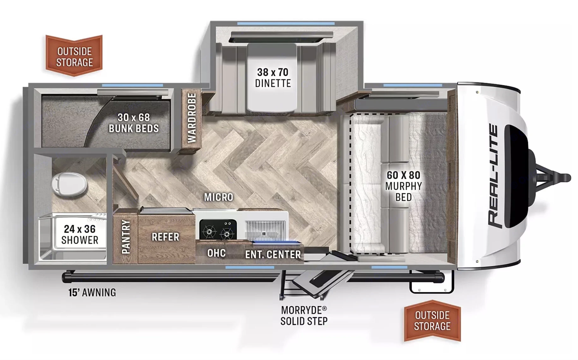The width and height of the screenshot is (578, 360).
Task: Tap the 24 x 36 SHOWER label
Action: point(80,235)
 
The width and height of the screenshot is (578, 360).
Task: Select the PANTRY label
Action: point(126,237)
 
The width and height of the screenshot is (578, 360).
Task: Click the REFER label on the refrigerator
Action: point(165,237)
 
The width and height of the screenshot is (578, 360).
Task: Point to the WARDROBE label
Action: point(192,118)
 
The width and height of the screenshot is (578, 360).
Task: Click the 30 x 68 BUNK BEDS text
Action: point(133,123)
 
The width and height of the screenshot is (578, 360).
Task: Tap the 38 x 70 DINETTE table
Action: point(273,78)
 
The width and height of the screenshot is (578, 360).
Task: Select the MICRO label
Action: point(218,197)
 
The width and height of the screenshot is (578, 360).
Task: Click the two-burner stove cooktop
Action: point(218,229)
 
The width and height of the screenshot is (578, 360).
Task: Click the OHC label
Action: point(216,253)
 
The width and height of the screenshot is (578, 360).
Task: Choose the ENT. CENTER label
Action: point(273,254)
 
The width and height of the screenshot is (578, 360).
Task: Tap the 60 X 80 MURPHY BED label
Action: point(404,186)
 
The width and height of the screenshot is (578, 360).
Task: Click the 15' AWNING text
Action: point(92,293)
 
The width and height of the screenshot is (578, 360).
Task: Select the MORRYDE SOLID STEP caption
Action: point(304,316)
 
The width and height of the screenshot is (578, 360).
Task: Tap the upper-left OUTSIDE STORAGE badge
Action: point(74,56)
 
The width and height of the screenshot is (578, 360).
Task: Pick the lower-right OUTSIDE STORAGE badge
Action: point(432,321)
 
